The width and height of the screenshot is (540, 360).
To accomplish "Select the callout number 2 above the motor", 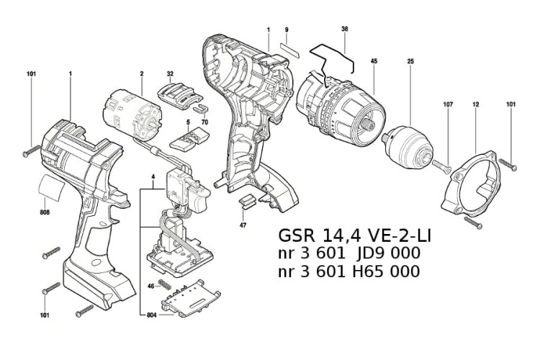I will tap(143, 73).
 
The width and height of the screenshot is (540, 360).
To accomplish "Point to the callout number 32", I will tap(171, 73).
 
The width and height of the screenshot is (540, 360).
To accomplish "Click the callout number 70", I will tap(205, 123).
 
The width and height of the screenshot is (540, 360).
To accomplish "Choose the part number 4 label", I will tap(153, 176).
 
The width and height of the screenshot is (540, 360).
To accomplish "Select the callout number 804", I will tap(151, 315).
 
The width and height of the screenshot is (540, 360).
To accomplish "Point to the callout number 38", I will tap(345, 30).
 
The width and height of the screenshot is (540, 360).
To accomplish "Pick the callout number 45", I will tap(374, 61).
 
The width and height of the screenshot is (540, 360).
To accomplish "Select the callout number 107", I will tap(448, 104).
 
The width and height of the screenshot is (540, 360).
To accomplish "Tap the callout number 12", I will tap(476, 104).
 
